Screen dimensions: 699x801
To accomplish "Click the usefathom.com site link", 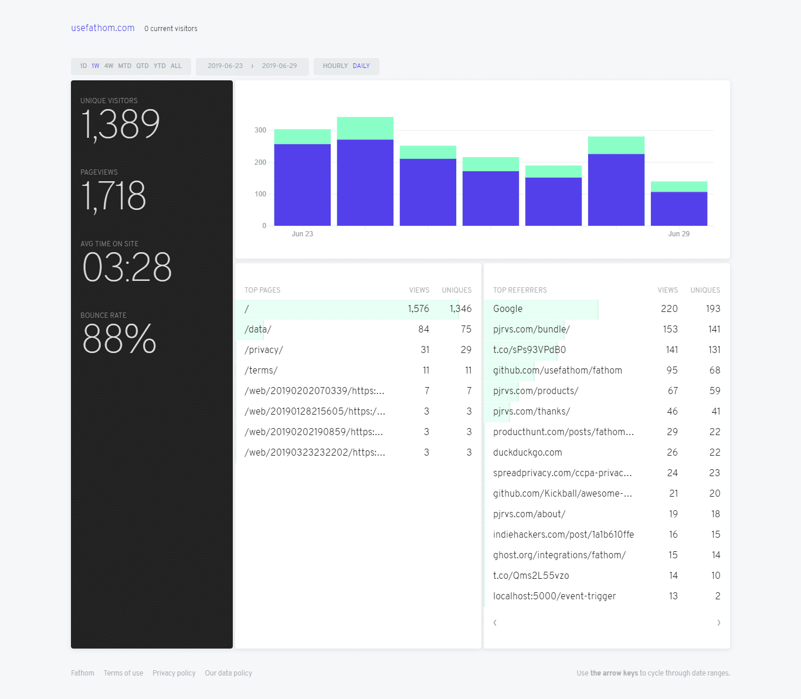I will tap(103, 28).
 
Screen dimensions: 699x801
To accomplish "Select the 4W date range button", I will tap(108, 66).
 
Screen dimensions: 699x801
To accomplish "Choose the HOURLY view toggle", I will tap(335, 66).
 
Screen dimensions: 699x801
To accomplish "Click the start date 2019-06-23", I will tap(225, 66).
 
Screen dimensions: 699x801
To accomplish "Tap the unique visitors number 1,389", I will tap(120, 124).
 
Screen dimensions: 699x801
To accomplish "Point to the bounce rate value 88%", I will tap(120, 339).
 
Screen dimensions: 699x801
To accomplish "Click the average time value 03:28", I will tap(127, 267).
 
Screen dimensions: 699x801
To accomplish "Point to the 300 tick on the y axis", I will tap(260, 130).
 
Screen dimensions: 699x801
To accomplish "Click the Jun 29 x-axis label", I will tap(678, 234).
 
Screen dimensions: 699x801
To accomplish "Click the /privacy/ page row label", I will tap(264, 350).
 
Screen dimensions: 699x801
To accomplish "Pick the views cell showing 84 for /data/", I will tap(423, 330).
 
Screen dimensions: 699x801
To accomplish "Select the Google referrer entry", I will tap(508, 309).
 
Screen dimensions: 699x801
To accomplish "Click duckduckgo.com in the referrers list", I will tap(528, 453).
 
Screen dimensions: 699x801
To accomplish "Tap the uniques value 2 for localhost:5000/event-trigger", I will tap(717, 596).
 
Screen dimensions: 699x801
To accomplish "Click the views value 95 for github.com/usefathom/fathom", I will tap(672, 371).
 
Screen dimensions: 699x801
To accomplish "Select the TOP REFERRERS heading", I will tap(520, 290).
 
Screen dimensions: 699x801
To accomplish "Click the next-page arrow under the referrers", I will tap(718, 623).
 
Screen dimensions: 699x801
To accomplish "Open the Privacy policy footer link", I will tap(174, 673).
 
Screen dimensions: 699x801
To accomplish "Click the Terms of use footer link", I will tap(123, 673).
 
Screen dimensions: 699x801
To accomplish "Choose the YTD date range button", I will tap(159, 66).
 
